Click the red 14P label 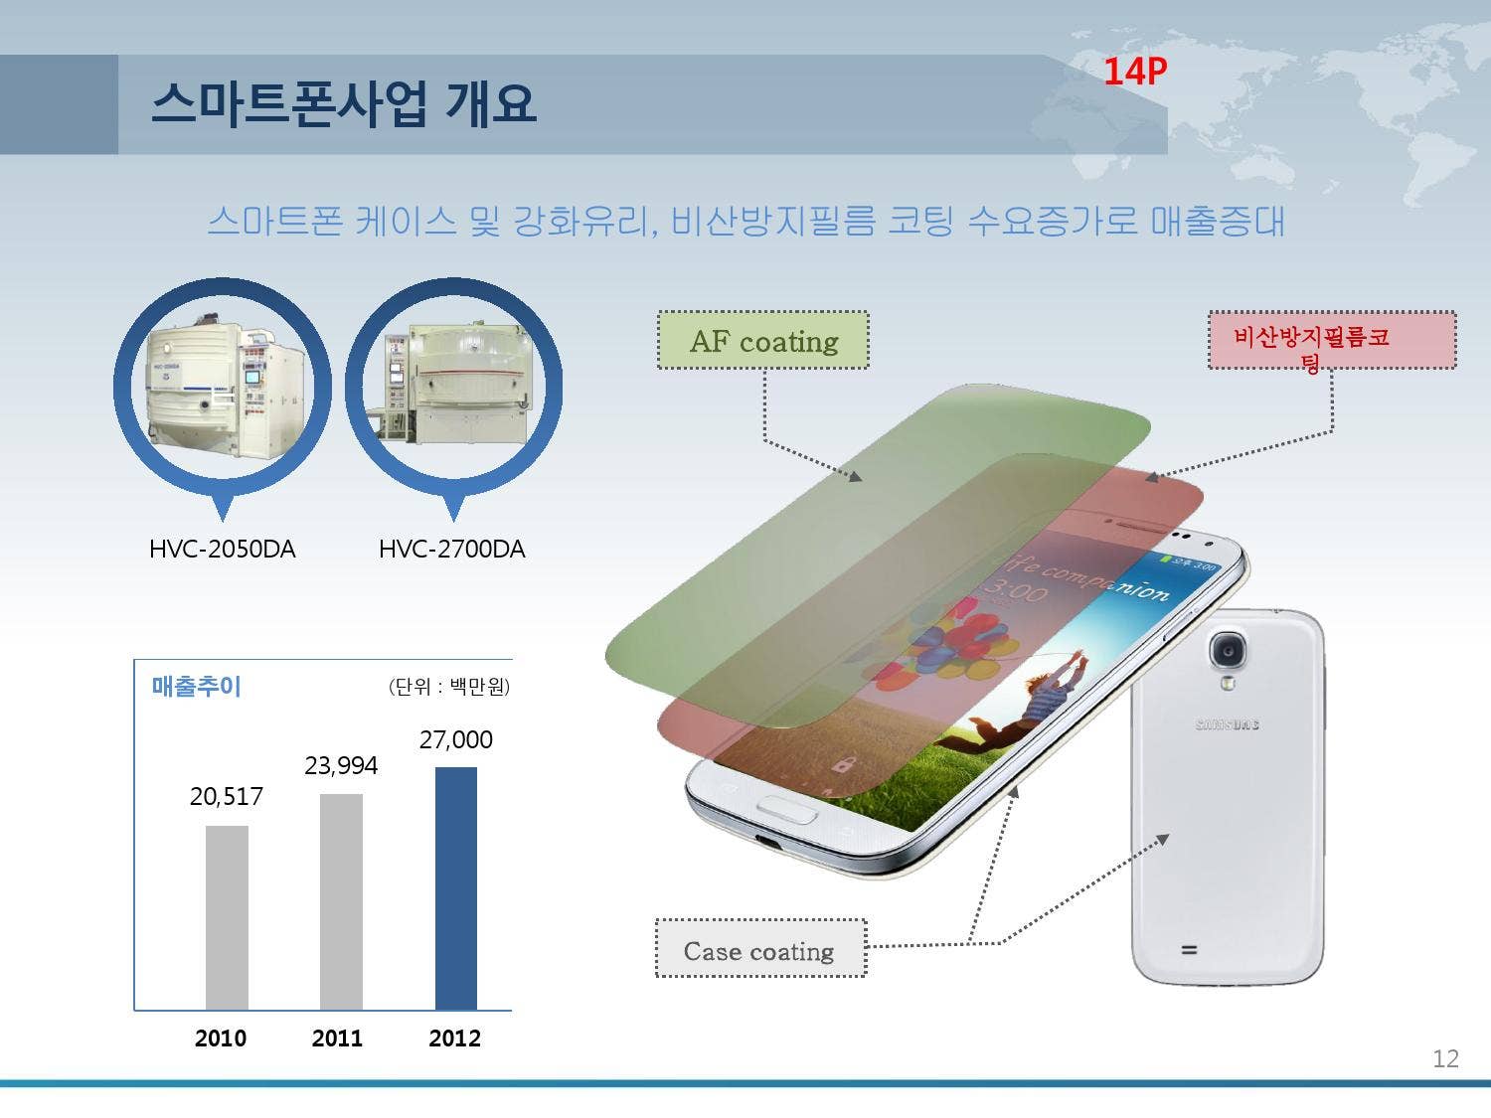coord(1134,72)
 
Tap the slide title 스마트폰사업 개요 coord(344,103)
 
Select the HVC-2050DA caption coord(222,549)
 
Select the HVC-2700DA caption coord(451,549)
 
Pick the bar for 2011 coord(341,901)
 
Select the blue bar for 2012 coord(456,888)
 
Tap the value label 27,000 coord(456,739)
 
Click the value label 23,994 coord(341,765)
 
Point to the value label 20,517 coord(227,796)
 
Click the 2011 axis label coord(337,1038)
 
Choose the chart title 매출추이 coord(196,686)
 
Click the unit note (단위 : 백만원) coord(448,687)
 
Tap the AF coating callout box coord(762,341)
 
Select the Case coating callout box coord(760,950)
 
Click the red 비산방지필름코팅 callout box coord(1331,341)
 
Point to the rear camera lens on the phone coord(1229,651)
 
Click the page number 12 coord(1445,1058)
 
